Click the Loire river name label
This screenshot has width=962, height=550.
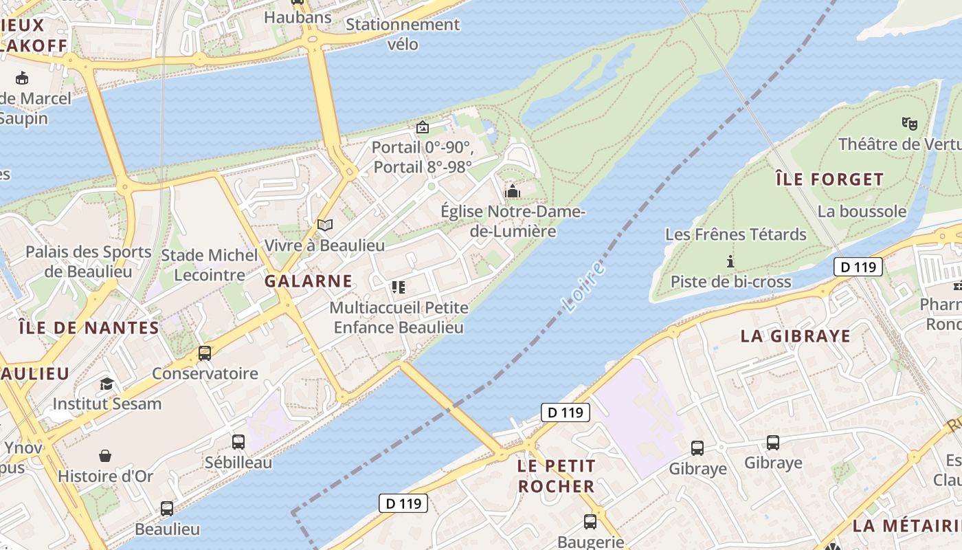[583, 287]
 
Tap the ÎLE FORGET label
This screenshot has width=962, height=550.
[829, 180]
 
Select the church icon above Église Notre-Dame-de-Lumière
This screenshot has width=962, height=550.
[513, 191]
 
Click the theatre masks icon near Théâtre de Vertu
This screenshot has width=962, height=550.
[910, 124]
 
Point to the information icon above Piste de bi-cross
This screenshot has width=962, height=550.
[730, 261]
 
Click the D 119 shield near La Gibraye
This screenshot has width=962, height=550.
[858, 267]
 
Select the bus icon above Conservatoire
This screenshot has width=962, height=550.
[205, 353]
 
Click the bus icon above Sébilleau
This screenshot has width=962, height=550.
[238, 442]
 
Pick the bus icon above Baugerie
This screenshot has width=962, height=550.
[590, 522]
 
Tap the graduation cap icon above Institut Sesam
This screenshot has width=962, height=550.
[107, 384]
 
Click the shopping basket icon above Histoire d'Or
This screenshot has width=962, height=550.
[105, 456]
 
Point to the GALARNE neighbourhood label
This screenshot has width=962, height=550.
[309, 281]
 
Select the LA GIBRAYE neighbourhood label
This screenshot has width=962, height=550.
[795, 336]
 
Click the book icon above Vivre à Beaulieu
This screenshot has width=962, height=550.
[325, 225]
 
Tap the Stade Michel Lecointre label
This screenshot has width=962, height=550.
[210, 265]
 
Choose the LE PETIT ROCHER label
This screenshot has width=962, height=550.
[556, 476]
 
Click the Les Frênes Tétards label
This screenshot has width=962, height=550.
[735, 234]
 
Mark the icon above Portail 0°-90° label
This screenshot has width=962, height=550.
[423, 127]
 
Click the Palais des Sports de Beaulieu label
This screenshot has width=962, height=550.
[88, 261]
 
